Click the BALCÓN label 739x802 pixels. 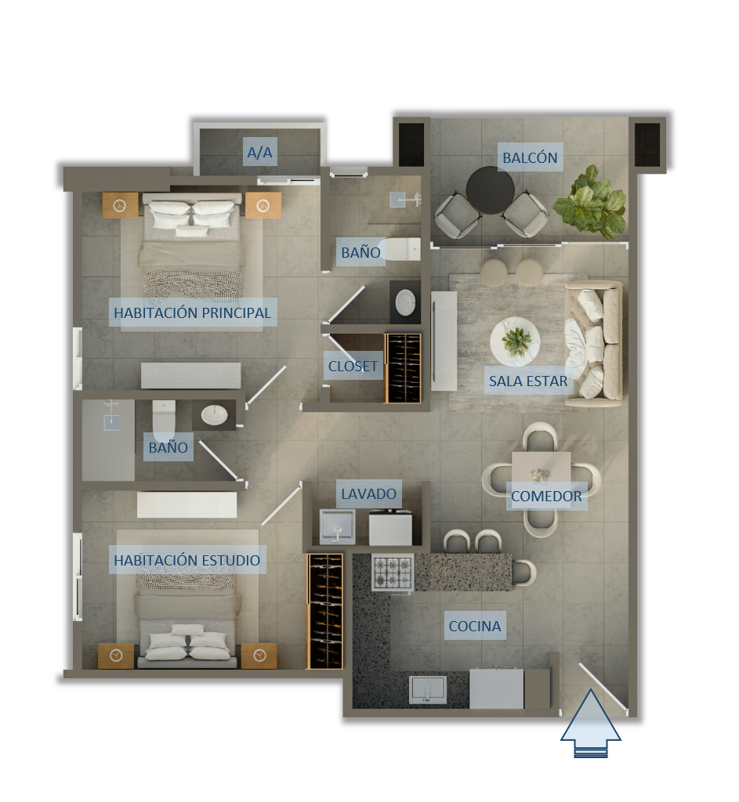[x=530, y=157]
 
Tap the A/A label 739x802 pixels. [x=259, y=152]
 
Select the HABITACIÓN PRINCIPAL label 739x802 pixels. [x=192, y=312]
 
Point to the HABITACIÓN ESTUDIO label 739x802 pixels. [x=187, y=560]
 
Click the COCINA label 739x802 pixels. [x=474, y=626]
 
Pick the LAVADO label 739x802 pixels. [x=368, y=493]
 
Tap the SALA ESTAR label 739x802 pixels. [x=528, y=381]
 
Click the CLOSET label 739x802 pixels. [x=353, y=367]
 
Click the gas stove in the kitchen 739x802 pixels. [x=393, y=573]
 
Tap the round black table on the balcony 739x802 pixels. [x=490, y=190]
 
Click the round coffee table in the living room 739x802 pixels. [x=515, y=341]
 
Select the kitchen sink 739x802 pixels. [x=427, y=689]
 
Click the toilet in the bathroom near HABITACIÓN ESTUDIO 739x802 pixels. [x=164, y=420]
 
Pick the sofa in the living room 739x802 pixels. [x=594, y=344]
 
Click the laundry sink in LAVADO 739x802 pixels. [x=337, y=526]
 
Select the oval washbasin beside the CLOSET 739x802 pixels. [x=405, y=302]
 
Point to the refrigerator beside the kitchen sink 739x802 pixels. [x=496, y=688]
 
